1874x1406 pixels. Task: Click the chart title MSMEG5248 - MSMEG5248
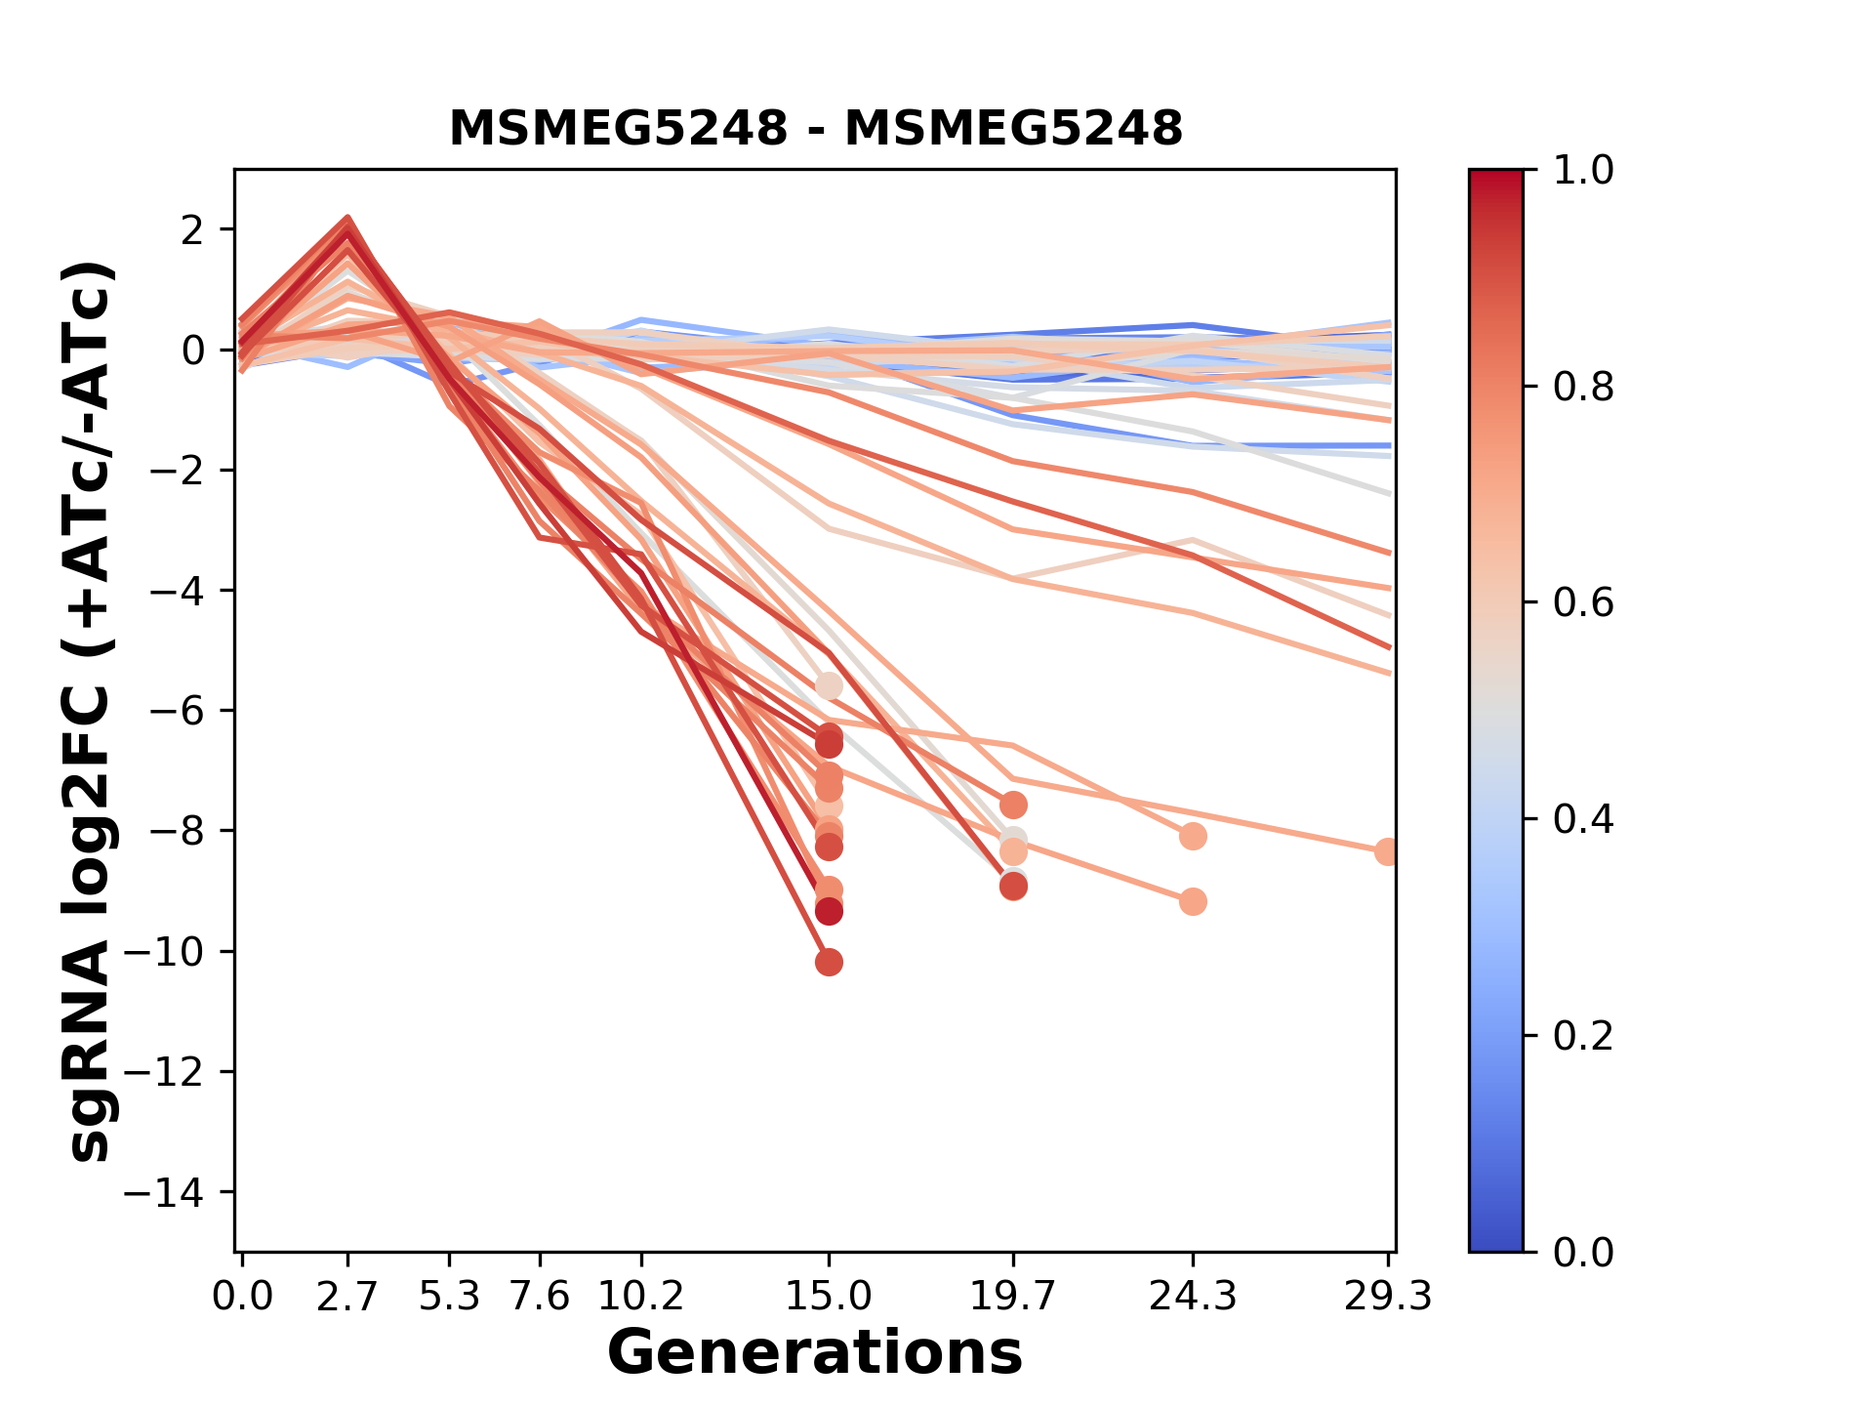(815, 128)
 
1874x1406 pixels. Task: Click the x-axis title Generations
(815, 1352)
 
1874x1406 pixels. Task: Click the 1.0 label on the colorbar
(1583, 171)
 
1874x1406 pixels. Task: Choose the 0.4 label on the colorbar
(1583, 819)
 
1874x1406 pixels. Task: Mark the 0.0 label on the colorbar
(1583, 1252)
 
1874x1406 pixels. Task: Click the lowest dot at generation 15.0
(829, 963)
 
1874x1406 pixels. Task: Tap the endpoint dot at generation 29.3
(1387, 851)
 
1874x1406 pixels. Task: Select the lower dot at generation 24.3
(1193, 901)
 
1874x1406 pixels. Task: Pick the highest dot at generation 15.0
(829, 686)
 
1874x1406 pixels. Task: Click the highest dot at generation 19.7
(1013, 805)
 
